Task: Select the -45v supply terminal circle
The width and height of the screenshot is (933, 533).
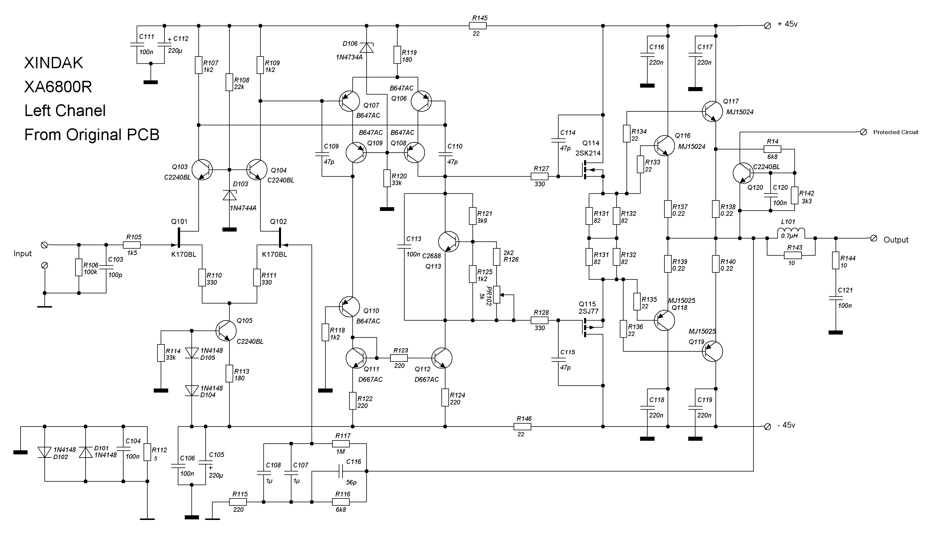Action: [x=767, y=427]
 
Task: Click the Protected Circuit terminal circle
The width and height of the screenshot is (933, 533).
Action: [x=863, y=132]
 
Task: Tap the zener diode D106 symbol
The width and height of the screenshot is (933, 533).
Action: [x=367, y=48]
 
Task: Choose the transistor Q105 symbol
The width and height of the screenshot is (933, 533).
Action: [x=226, y=330]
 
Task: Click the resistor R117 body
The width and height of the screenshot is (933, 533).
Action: [x=341, y=444]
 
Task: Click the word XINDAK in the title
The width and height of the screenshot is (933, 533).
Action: [x=54, y=63]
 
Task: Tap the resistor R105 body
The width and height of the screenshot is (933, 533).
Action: [x=132, y=245]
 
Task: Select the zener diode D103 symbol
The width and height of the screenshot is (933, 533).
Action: [x=229, y=195]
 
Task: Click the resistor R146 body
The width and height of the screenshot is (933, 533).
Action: [x=523, y=427]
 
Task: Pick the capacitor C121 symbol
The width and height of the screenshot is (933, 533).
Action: [x=835, y=298]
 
